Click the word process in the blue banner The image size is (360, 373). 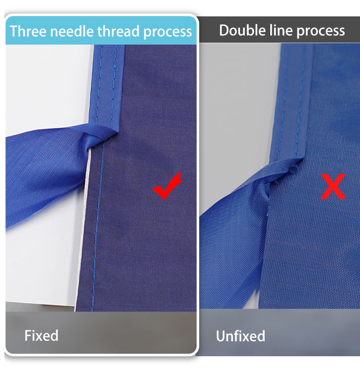click(x=168, y=32)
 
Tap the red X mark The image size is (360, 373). click(x=333, y=186)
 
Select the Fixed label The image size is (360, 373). click(x=41, y=336)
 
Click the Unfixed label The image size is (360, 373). click(x=240, y=336)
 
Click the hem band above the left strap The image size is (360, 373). click(x=107, y=86)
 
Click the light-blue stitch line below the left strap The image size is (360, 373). click(x=97, y=227)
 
